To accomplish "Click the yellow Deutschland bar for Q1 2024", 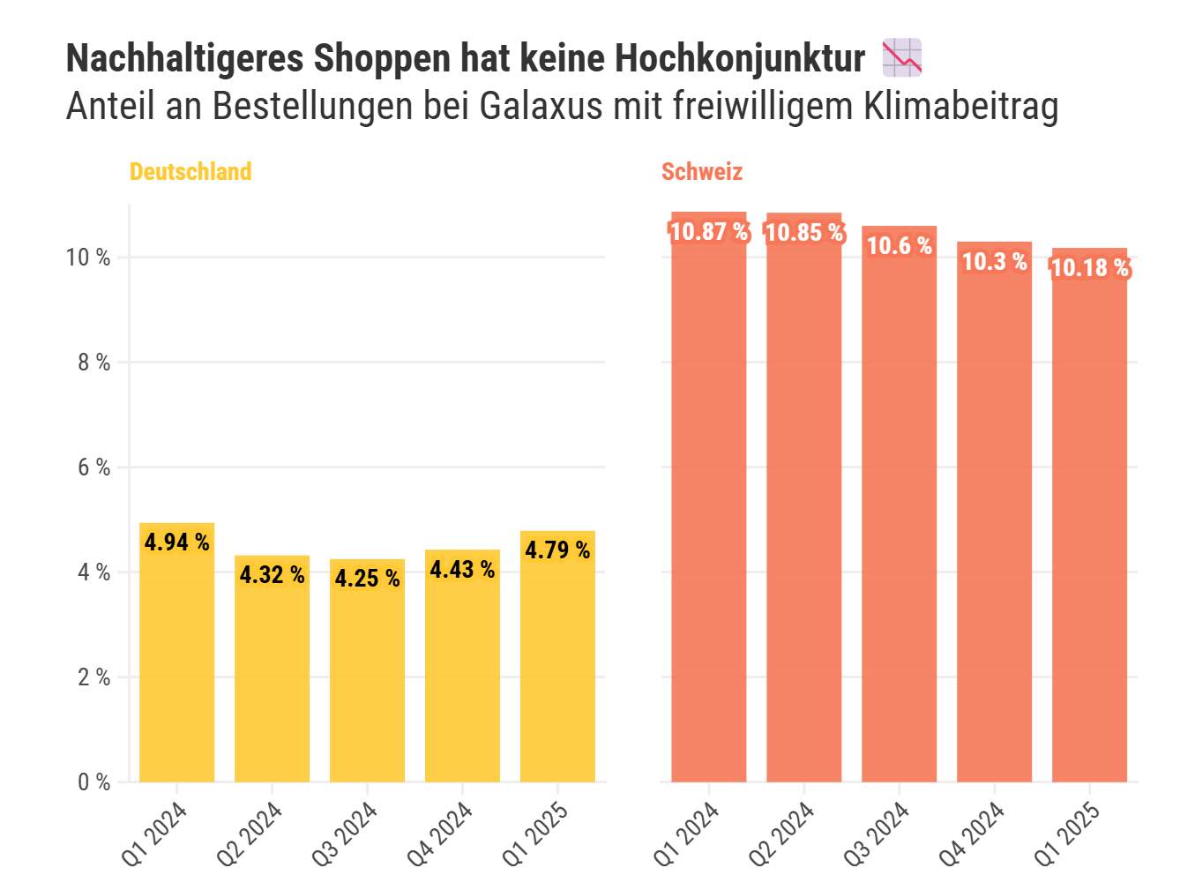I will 176,662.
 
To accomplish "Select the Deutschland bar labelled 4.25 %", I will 367,679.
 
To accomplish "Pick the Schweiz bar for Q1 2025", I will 1089,529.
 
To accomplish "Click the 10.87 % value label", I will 709,232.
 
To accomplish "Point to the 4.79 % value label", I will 557,550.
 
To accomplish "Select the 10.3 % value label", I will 994,261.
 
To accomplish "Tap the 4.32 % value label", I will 272,575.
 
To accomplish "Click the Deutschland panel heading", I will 190,171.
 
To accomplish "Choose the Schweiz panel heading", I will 702,171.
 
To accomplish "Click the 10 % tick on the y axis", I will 87,258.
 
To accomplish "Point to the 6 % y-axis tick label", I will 93,467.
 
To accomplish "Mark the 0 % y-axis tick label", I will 93,782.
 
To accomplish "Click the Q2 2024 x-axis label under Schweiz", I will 780,834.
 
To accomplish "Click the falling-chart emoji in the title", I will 902,57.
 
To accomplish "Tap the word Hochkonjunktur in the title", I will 739,59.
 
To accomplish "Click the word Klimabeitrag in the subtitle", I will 960,107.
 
